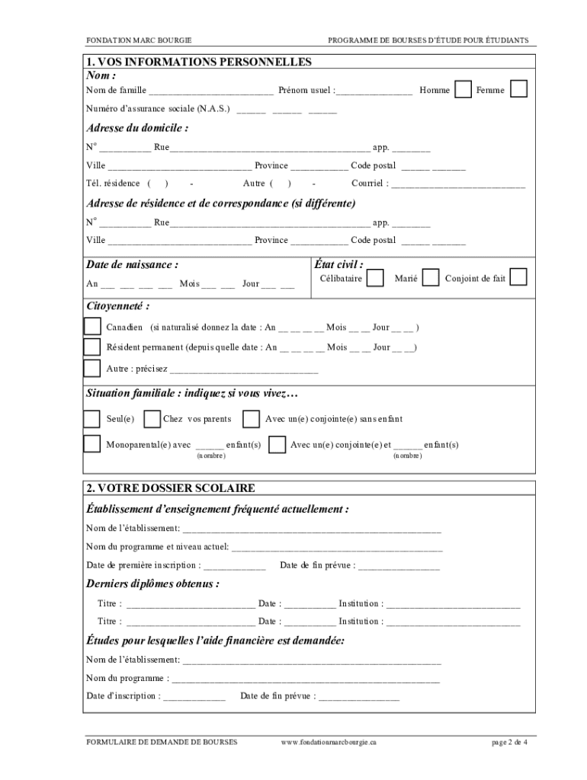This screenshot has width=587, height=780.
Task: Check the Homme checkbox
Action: (462, 89)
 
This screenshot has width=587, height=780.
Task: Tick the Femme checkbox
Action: (518, 89)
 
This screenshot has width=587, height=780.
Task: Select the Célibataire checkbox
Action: (375, 278)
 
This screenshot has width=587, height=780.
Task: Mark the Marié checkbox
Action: (431, 278)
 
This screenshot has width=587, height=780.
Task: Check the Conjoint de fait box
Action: (518, 277)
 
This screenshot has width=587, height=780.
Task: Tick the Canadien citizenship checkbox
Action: (92, 327)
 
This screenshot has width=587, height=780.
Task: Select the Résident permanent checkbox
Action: (92, 347)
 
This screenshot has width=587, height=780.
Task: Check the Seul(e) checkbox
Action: (92, 419)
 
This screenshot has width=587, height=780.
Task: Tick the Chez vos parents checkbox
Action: (152, 419)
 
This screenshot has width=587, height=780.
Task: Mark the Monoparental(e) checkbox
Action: (92, 444)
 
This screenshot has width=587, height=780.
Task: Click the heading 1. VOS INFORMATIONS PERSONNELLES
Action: (199, 62)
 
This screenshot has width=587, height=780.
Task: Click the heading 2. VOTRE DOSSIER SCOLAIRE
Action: (171, 487)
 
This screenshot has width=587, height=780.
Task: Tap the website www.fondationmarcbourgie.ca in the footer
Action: (329, 741)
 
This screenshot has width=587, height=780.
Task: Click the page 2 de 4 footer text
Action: (508, 741)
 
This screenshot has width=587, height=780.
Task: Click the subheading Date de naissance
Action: (133, 265)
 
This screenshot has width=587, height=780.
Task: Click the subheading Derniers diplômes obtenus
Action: (153, 584)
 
